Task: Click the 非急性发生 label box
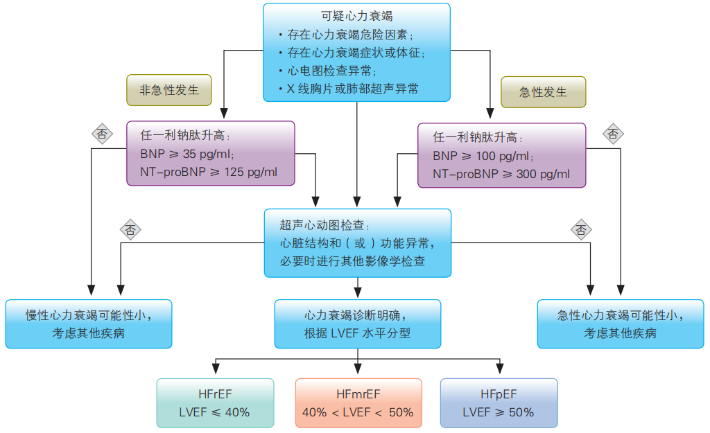[x=169, y=91]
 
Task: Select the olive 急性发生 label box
[x=543, y=91]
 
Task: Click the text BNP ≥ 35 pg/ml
[x=188, y=154]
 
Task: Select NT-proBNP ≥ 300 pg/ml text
[x=501, y=174]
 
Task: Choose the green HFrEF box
[x=215, y=403]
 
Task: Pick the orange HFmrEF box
[x=358, y=403]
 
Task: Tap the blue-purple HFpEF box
[x=499, y=403]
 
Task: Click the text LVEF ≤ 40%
[x=215, y=412]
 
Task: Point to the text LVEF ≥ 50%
[x=499, y=412]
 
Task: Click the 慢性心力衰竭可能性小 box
[x=89, y=324]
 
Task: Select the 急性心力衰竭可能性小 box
[x=621, y=324]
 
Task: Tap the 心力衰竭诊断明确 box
[x=358, y=324]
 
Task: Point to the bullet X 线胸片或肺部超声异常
[x=352, y=89]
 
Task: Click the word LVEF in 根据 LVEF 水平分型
[x=345, y=333]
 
